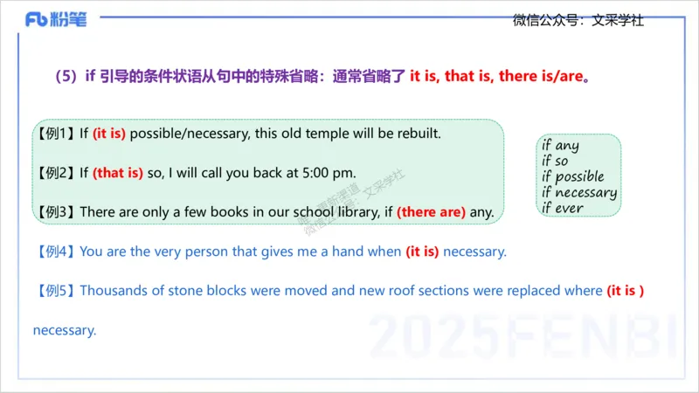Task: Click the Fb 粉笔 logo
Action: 57,19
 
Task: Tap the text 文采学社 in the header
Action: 618,19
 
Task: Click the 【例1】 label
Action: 55,134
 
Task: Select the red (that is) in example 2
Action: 118,173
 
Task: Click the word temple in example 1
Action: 306,134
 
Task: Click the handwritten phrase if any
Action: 560,146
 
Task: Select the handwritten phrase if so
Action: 555,161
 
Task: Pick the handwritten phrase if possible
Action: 572,176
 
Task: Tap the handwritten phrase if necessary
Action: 578,192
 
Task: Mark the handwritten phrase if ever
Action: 562,208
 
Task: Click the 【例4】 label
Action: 55,252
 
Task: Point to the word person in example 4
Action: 207,252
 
